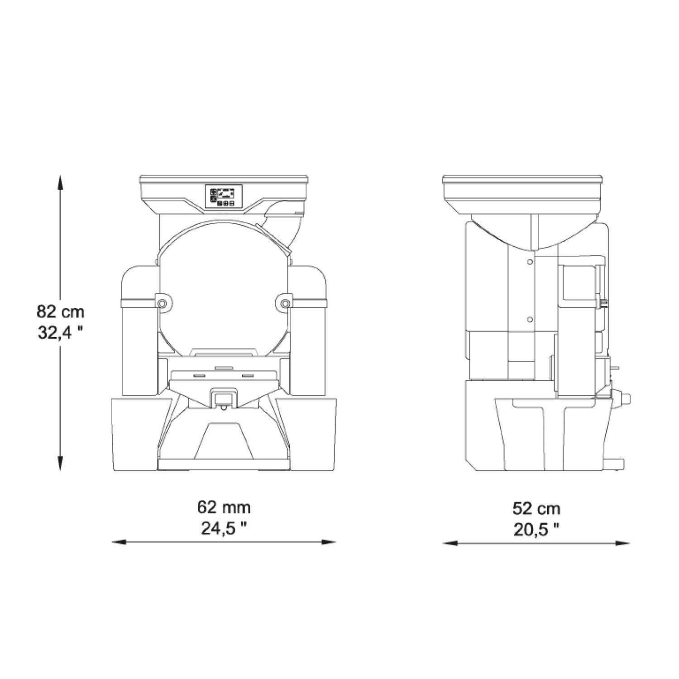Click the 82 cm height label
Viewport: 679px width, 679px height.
coord(61,311)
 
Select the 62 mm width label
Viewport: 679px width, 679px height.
coord(224,507)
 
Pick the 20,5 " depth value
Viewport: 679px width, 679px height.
coord(536,530)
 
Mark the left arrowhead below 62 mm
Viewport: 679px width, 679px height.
coord(119,542)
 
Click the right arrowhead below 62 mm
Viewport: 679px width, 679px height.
coord(329,542)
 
